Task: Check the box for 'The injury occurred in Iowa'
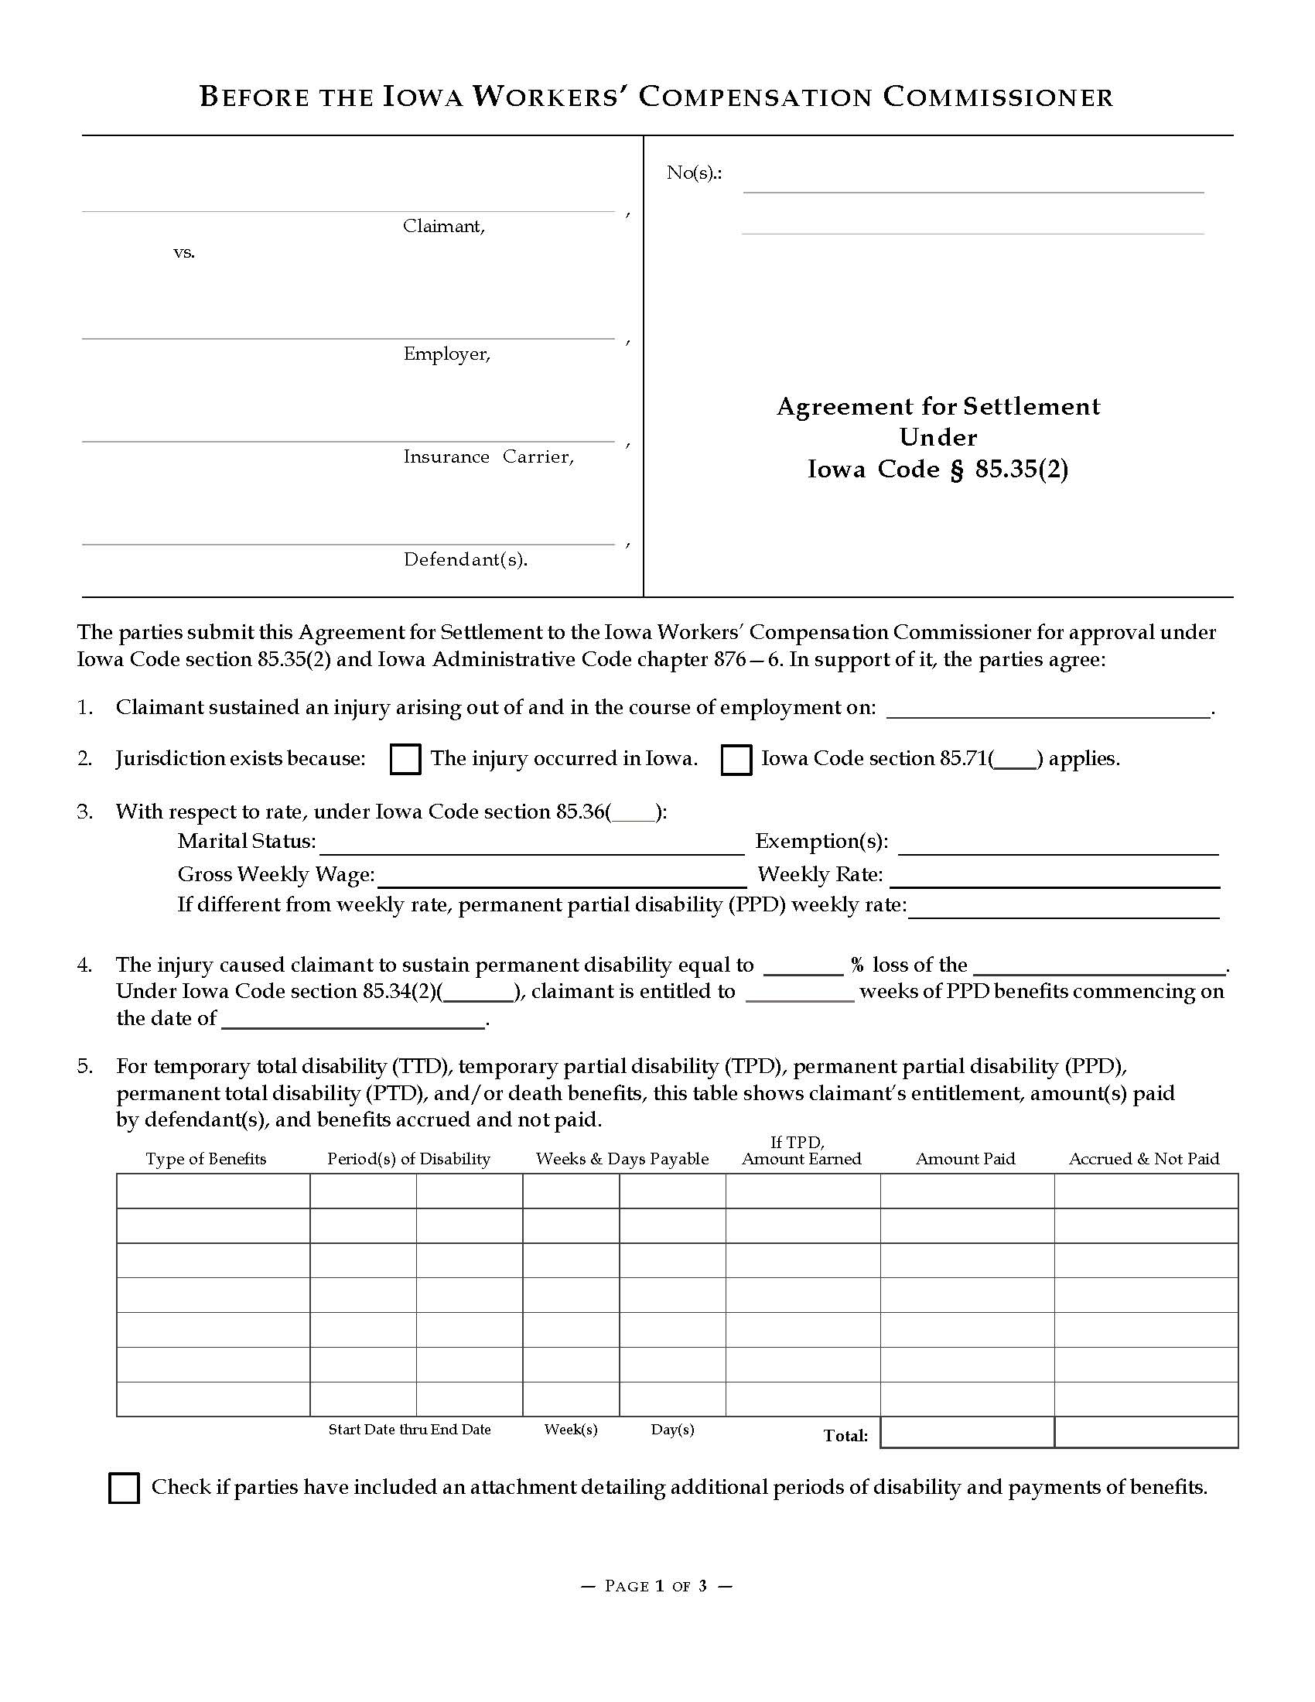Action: point(405,759)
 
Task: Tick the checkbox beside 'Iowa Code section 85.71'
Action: point(736,759)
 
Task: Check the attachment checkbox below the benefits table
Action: point(125,1488)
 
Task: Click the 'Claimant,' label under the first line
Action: point(443,227)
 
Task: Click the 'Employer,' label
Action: point(446,354)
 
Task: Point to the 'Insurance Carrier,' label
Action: point(488,457)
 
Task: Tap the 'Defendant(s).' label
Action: point(465,559)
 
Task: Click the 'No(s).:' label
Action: point(693,173)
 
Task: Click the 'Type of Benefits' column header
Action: point(206,1159)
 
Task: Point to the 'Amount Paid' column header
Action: point(965,1159)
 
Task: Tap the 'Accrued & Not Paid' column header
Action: point(1143,1159)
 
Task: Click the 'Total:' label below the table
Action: point(845,1435)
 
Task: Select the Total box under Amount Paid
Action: point(967,1432)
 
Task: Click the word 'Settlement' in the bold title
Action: point(1031,407)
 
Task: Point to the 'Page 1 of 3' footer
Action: point(657,1586)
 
